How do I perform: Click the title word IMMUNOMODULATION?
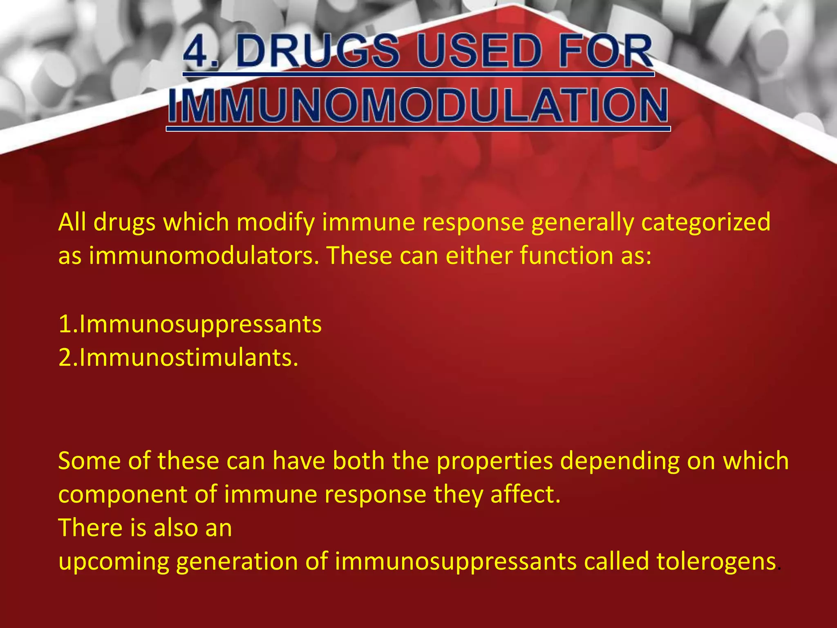coord(418,106)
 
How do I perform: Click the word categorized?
coord(706,223)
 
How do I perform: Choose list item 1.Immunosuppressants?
coord(190,325)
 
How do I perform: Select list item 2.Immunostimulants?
coord(178,358)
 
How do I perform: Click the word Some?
coord(90,461)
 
